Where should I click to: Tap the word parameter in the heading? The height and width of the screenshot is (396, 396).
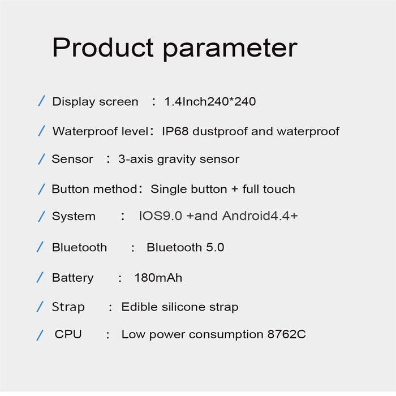click(x=230, y=49)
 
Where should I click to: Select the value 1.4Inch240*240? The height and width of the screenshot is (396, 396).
click(x=210, y=102)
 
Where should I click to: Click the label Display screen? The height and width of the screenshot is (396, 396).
click(x=95, y=102)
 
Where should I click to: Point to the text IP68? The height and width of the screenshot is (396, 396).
click(x=175, y=132)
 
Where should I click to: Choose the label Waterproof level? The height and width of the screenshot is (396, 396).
click(x=100, y=132)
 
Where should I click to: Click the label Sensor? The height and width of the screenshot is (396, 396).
click(x=72, y=160)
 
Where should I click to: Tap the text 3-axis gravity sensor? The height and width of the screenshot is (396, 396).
click(x=179, y=160)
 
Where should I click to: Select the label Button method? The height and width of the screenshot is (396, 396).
click(x=94, y=189)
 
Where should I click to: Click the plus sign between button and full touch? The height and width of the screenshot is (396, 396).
click(x=235, y=190)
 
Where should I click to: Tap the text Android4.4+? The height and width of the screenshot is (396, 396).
click(x=260, y=216)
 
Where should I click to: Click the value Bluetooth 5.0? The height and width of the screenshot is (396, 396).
click(x=185, y=247)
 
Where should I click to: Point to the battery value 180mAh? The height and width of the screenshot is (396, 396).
click(x=158, y=278)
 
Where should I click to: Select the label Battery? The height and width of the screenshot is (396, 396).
click(x=72, y=278)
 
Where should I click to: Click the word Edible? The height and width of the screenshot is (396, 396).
click(x=139, y=307)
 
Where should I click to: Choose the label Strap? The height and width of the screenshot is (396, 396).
click(x=68, y=307)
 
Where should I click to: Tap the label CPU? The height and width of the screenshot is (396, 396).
click(x=68, y=334)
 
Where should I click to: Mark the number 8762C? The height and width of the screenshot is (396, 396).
click(x=286, y=334)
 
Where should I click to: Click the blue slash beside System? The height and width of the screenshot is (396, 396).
click(x=41, y=216)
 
